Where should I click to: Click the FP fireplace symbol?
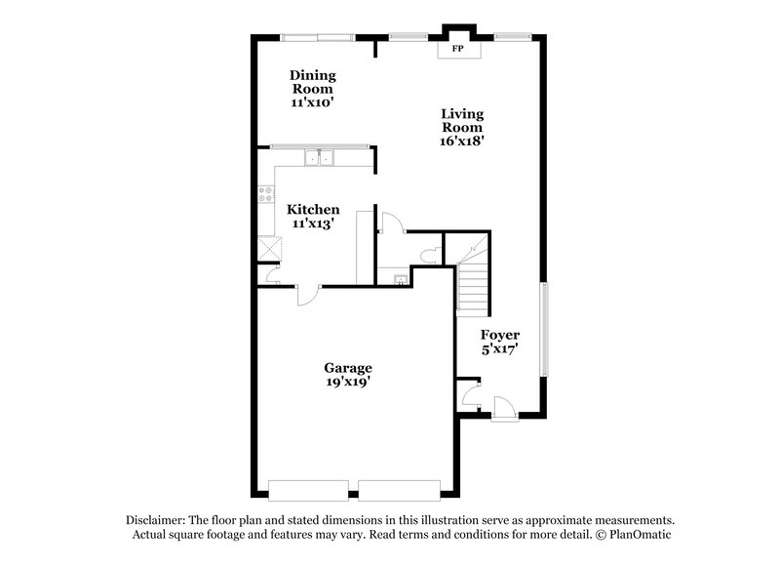pyautogui.click(x=455, y=47)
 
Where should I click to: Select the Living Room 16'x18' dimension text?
pyautogui.click(x=462, y=141)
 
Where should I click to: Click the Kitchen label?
pyautogui.click(x=312, y=209)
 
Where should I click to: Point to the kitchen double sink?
pyautogui.click(x=319, y=158)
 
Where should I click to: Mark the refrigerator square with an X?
pyautogui.click(x=266, y=247)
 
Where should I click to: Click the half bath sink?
pyautogui.click(x=400, y=279)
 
